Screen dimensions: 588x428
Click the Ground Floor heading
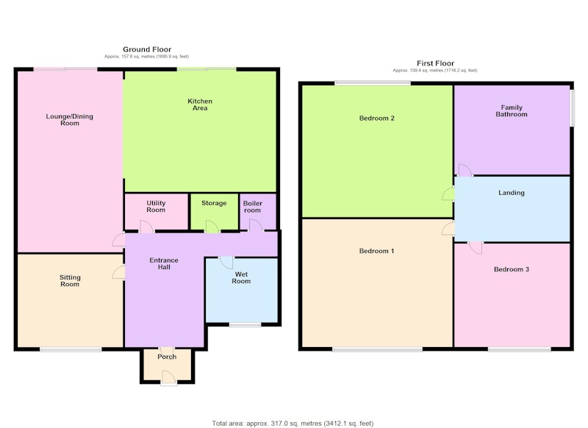(x=147, y=49)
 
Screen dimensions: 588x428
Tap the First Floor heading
(x=435, y=63)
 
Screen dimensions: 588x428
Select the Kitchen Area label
(x=200, y=104)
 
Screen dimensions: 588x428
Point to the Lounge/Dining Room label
(x=70, y=120)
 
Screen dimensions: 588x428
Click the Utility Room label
(x=156, y=207)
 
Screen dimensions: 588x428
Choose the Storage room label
(x=214, y=203)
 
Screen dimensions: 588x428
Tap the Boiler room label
(x=253, y=207)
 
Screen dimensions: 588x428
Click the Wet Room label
(x=241, y=277)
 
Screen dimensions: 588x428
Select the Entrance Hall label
(x=164, y=264)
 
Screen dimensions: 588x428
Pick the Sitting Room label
(x=70, y=281)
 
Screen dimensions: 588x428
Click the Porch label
(x=167, y=357)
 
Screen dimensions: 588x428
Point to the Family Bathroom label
(x=512, y=111)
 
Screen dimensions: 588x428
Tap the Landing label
(x=512, y=193)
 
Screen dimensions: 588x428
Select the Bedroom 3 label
(x=512, y=269)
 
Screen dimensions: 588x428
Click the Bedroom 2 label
(x=377, y=118)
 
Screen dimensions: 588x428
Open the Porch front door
(x=169, y=377)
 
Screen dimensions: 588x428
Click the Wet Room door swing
(x=226, y=263)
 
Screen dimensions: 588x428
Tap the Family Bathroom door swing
(x=465, y=170)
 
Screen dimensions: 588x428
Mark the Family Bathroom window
(x=572, y=107)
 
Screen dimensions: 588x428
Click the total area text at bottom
(x=293, y=424)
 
